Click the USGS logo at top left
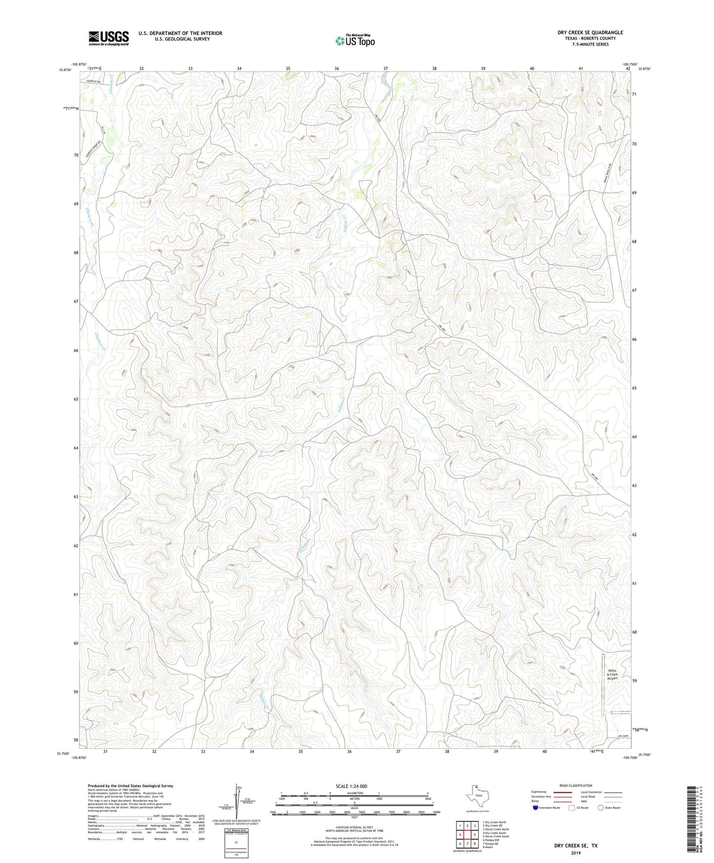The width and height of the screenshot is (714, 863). [x=109, y=38]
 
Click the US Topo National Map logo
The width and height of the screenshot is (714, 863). [x=355, y=41]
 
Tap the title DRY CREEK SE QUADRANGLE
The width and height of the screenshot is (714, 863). [x=590, y=33]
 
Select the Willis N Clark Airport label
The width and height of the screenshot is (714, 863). [x=612, y=675]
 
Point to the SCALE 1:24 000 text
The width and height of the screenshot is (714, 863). [x=351, y=786]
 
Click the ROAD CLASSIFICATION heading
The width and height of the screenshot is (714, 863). [x=576, y=785]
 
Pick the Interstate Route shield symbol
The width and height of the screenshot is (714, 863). [x=536, y=808]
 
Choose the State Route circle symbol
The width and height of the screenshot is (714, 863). [x=601, y=808]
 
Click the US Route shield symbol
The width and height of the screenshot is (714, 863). [x=572, y=808]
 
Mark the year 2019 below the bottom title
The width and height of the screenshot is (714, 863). [x=575, y=853]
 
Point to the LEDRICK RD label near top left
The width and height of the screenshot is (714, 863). [x=93, y=81]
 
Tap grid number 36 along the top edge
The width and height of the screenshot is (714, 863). [x=336, y=68]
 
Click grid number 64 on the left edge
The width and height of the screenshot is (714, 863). [x=76, y=448]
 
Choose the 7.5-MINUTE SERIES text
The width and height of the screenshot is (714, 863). [x=590, y=44]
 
